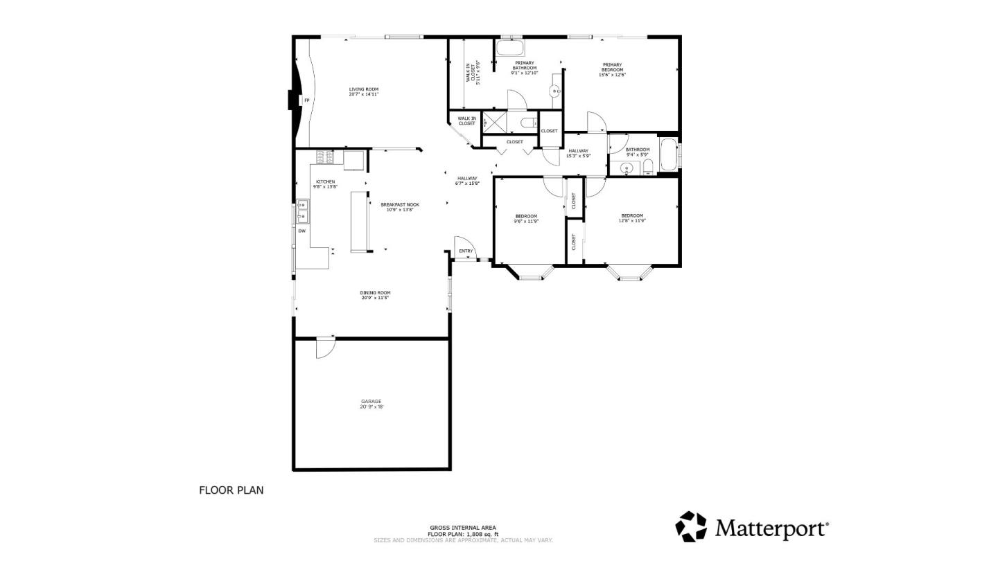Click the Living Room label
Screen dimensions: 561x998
click(363, 91)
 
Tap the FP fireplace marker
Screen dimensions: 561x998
click(306, 101)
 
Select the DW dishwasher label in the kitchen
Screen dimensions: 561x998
click(301, 231)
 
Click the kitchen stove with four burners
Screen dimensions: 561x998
click(325, 158)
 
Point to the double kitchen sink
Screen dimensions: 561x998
click(302, 211)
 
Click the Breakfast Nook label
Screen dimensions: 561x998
click(400, 206)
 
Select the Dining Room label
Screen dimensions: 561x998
click(375, 295)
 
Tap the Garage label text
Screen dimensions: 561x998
click(371, 404)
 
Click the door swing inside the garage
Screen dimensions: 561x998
click(324, 348)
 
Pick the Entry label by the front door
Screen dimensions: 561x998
click(466, 251)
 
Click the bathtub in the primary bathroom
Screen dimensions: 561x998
click(511, 48)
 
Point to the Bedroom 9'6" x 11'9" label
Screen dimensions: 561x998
click(525, 219)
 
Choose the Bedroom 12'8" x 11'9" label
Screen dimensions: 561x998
click(631, 218)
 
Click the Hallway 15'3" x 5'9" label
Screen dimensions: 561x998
click(578, 153)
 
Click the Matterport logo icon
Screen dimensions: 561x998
click(691, 527)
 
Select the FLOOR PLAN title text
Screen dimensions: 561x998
click(231, 490)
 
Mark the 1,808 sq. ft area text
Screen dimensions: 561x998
click(462, 534)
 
